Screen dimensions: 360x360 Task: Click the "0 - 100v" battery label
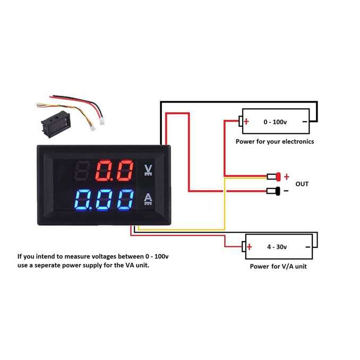pyautogui.click(x=275, y=122)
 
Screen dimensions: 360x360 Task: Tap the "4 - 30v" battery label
pyautogui.click(x=277, y=246)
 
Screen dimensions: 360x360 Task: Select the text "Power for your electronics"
pyautogui.click(x=275, y=142)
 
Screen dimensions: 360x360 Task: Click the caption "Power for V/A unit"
pyautogui.click(x=278, y=266)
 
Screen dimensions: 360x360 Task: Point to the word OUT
pyautogui.click(x=302, y=184)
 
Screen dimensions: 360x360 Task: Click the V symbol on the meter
pyautogui.click(x=148, y=170)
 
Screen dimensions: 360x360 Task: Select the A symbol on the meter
pyautogui.click(x=148, y=199)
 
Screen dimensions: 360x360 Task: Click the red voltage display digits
pyautogui.click(x=114, y=171)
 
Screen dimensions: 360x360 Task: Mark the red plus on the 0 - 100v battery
pyautogui.click(x=246, y=122)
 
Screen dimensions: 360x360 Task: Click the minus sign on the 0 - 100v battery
pyautogui.click(x=304, y=122)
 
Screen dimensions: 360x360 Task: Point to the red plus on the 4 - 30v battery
pyautogui.click(x=248, y=246)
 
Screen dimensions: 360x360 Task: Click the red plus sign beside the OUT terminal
pyautogui.click(x=287, y=176)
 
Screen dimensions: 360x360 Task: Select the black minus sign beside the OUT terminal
pyautogui.click(x=286, y=191)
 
